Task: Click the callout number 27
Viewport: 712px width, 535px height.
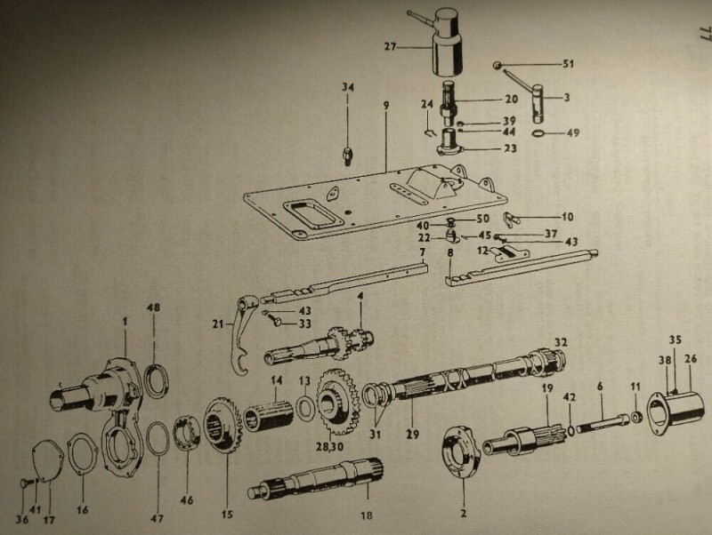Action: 390,47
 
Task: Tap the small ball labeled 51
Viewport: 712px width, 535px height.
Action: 498,66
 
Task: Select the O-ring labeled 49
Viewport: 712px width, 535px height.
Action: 538,132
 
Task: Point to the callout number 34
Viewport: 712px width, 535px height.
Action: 348,87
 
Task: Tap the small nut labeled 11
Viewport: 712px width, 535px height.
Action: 635,415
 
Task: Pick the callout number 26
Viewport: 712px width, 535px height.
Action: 691,359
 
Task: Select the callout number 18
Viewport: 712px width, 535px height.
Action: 367,515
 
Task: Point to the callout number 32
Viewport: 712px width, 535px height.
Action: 561,342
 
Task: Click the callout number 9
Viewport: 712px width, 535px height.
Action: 386,105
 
